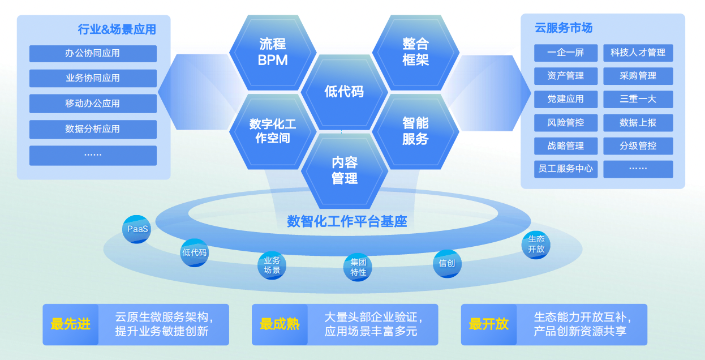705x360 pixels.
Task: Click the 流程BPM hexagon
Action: [x=273, y=52]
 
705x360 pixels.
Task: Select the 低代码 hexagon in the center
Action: [x=344, y=92]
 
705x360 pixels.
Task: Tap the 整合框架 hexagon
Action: [x=416, y=52]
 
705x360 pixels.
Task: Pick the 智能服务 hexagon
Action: [x=416, y=131]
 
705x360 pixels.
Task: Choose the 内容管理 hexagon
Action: [x=345, y=170]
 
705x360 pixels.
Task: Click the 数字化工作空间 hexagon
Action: [x=273, y=131]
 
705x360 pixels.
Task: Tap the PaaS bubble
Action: [x=137, y=229]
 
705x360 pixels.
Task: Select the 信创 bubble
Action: [x=447, y=263]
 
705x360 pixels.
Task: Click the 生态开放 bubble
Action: [x=536, y=244]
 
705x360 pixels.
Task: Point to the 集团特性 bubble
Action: [x=358, y=267]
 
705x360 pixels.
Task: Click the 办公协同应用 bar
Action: [x=93, y=54]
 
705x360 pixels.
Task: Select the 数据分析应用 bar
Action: [x=93, y=129]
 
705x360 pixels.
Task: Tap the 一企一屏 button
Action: [x=565, y=53]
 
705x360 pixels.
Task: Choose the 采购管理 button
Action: [x=638, y=76]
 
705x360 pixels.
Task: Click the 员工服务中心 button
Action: [x=565, y=169]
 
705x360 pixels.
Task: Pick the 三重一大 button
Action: [x=638, y=99]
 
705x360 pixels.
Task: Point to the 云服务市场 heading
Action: [x=564, y=28]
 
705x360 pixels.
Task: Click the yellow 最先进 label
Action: [x=71, y=324]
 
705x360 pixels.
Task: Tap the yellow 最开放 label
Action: [x=489, y=324]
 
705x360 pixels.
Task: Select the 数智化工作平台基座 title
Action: [x=347, y=221]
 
